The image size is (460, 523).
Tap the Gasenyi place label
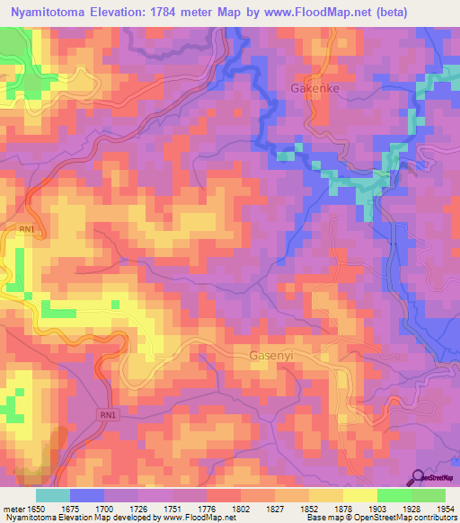pos(271,356)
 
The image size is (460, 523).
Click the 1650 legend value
pos(35,510)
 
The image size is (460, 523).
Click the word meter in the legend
pos(12,510)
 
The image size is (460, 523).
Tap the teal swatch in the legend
pos(53,495)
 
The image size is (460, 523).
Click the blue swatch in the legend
pos(86,495)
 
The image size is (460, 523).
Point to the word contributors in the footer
pos(434,519)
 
